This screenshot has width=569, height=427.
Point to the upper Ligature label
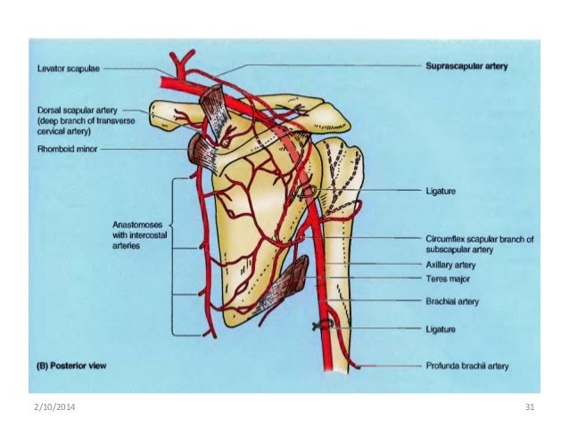(x=441, y=191)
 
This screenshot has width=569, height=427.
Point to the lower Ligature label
(x=441, y=329)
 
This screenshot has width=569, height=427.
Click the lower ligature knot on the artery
(x=319, y=327)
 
